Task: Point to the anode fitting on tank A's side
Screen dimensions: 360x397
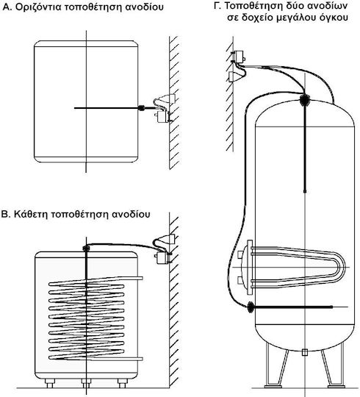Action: (141, 108)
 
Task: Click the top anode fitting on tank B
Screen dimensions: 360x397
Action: (86, 248)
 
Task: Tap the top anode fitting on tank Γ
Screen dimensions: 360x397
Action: (305, 100)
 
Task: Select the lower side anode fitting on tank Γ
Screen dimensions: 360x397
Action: (251, 307)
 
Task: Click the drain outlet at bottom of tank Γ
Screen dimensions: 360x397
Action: (305, 352)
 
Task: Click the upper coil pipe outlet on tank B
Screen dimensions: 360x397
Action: (140, 278)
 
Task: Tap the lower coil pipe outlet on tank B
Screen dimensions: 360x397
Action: (140, 359)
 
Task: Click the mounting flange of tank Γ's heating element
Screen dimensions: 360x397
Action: (250, 268)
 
